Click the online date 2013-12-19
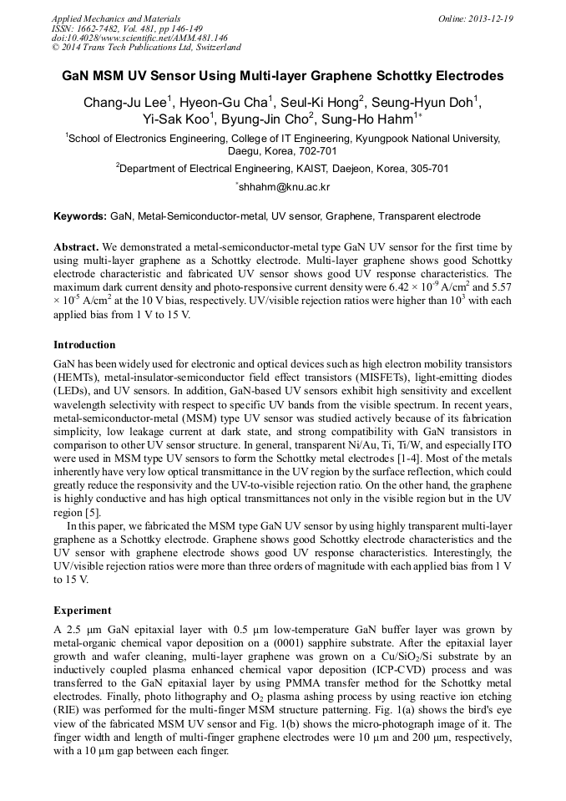click(490, 18)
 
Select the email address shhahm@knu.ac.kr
click(284, 188)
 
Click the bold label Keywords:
click(80, 216)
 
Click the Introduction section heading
click(84, 345)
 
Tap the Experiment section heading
click(81, 611)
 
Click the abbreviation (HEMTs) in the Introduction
click(77, 378)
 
